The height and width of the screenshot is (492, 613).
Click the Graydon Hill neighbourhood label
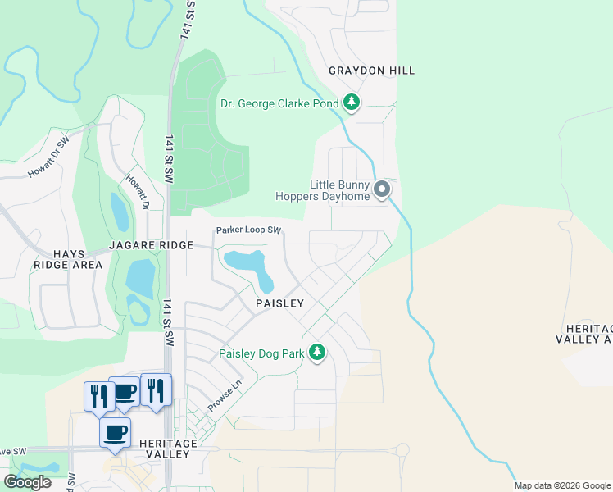tap(371, 71)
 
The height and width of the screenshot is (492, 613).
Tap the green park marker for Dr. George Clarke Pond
tap(352, 102)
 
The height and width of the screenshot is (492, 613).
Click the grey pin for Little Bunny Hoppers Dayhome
tap(382, 190)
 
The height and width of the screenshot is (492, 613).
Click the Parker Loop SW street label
tap(248, 230)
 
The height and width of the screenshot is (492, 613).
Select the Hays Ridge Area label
tap(68, 259)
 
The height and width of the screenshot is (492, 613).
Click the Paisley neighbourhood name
tap(279, 303)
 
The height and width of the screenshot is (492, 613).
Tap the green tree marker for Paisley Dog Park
tap(317, 353)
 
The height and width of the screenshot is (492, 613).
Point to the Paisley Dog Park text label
tap(261, 354)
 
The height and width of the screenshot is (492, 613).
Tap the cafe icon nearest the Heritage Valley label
tap(115, 431)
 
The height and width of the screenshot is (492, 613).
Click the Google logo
tap(27, 482)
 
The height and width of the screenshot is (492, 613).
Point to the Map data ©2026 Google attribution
tap(561, 485)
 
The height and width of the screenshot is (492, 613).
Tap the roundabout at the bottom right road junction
tap(402, 450)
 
